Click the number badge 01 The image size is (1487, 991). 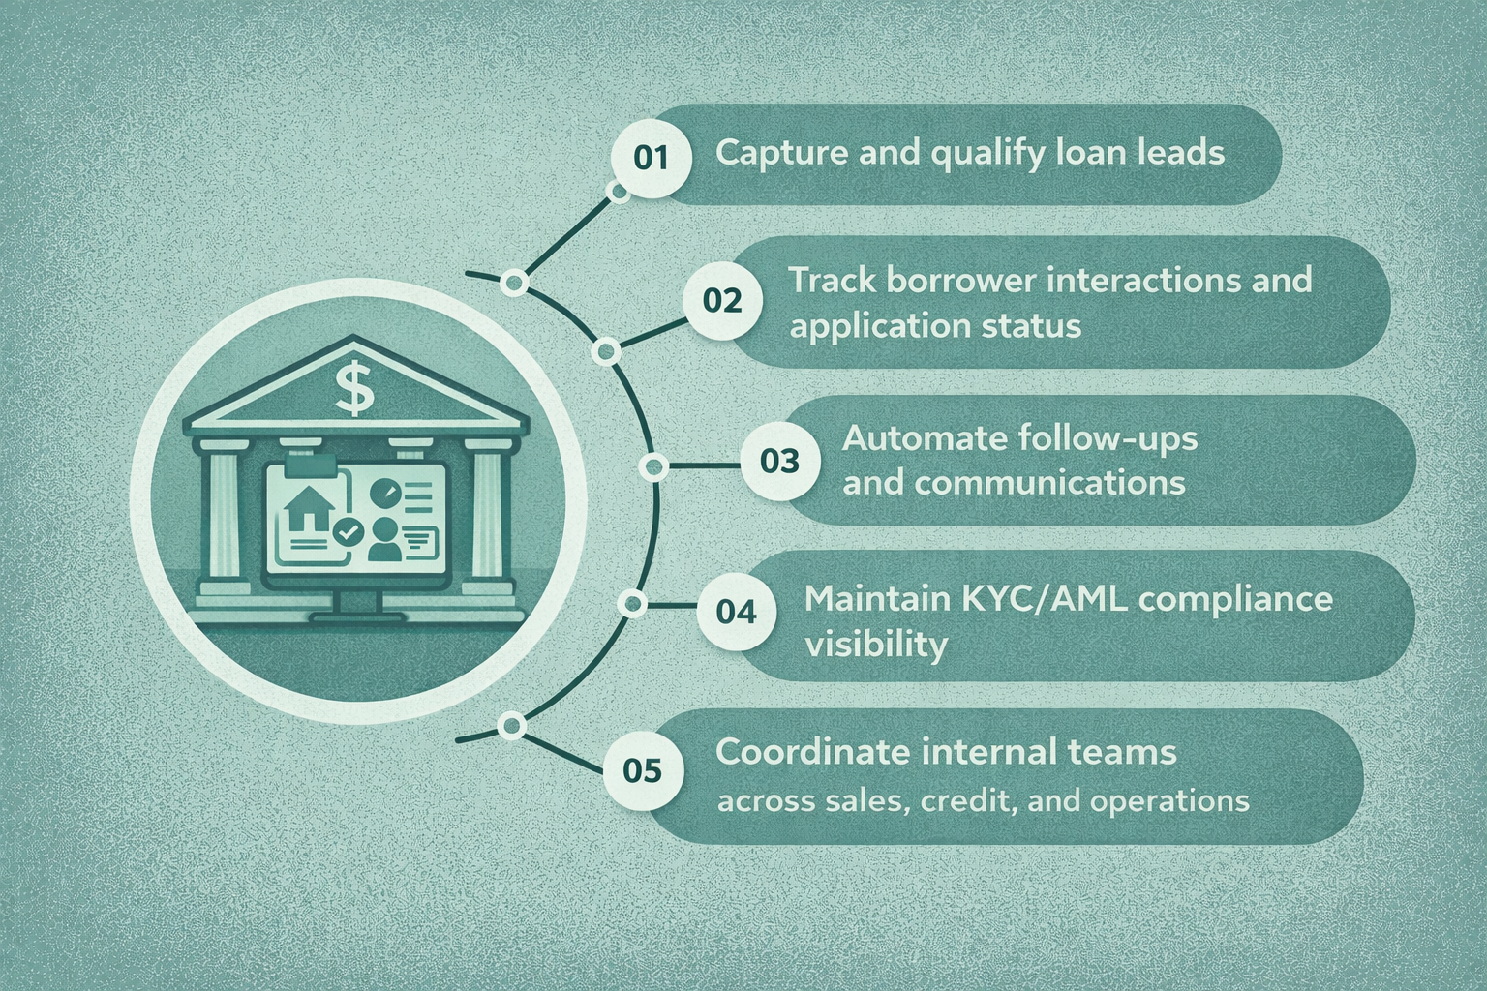click(651, 158)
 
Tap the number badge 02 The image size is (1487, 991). click(721, 300)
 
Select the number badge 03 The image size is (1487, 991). click(779, 461)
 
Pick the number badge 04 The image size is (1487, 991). click(736, 612)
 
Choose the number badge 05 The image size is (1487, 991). click(643, 771)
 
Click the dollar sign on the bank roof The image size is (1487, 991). click(354, 387)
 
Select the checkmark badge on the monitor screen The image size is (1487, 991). click(347, 531)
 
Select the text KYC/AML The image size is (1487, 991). click(1045, 599)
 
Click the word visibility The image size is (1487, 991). click(875, 645)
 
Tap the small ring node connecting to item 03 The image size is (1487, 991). click(654, 467)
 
